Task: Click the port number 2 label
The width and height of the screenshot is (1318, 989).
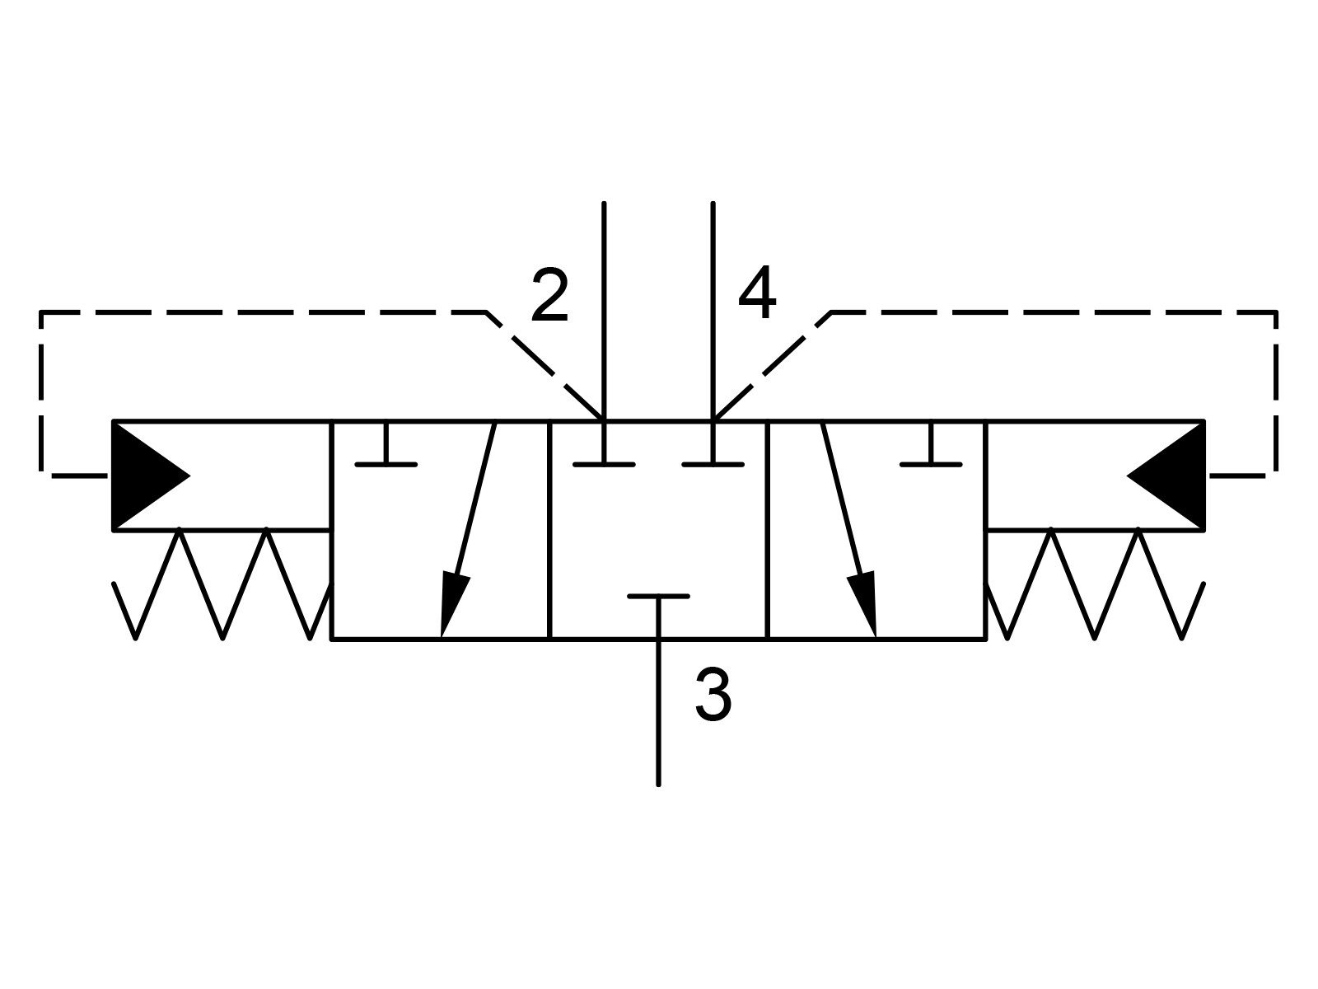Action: pos(550,294)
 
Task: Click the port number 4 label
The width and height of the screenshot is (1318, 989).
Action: pos(757,293)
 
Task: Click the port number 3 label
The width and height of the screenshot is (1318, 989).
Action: pos(713,695)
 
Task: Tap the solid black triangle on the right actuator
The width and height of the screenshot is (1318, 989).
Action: pos(1171,476)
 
